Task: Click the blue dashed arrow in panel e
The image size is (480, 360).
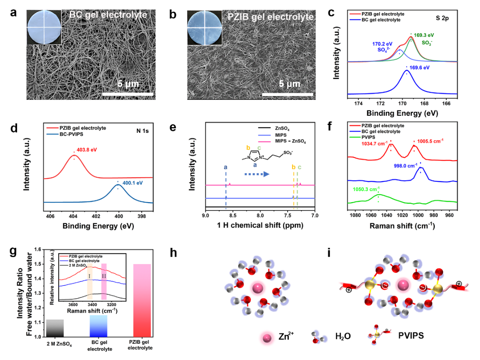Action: click(255, 174)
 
